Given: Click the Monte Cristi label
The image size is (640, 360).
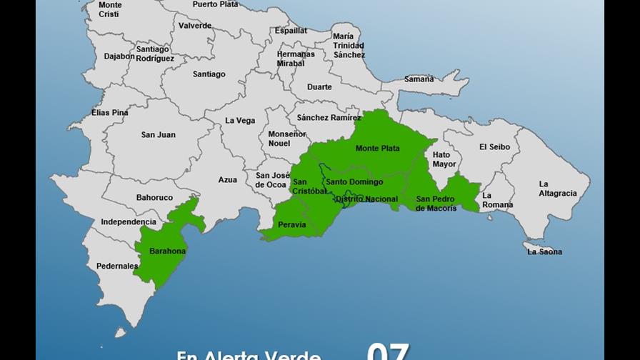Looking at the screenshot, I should click(x=109, y=9).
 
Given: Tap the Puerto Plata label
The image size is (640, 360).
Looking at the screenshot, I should click(x=216, y=4).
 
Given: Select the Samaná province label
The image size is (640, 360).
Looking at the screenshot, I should click(x=419, y=79).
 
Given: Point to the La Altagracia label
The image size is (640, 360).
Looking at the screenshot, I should click(x=554, y=189).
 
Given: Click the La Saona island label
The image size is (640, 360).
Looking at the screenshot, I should click(x=544, y=251).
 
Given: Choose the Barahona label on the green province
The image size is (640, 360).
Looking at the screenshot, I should click(x=168, y=251).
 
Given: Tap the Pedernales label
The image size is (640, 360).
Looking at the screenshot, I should click(x=117, y=266).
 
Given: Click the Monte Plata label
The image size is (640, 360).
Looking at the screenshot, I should click(x=378, y=149).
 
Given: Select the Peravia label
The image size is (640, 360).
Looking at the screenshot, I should click(x=292, y=225).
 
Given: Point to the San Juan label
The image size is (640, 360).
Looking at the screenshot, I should click(x=158, y=135).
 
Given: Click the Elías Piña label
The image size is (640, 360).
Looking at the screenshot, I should click(x=110, y=113).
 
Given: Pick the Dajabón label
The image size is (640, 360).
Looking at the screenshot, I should click(x=119, y=56).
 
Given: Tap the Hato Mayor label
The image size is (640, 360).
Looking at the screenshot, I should click(x=444, y=159).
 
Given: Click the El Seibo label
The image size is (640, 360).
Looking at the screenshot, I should click(x=495, y=147).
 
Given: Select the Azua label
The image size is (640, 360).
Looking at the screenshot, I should click(x=228, y=180).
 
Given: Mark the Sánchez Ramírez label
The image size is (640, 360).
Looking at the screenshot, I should click(x=329, y=117).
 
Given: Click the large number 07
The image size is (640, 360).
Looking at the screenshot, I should click(x=388, y=351).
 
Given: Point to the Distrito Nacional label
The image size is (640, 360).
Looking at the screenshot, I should click(x=366, y=199).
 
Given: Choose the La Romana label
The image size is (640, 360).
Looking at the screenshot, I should click(x=497, y=200).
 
